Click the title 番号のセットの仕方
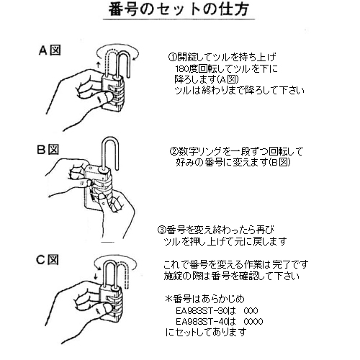point(179,9)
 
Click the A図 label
point(50,50)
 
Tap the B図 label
point(48,150)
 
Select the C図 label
point(48,260)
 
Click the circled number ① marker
point(172,57)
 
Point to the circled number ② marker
point(174,151)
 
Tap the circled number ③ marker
point(161,230)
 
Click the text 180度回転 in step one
point(197,69)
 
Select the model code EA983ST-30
point(202,311)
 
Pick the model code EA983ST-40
point(202,321)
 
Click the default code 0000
point(253,321)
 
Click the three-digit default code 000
point(251,311)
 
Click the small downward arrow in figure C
point(96,276)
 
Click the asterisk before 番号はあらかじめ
point(169,299)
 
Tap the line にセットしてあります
point(206,332)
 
